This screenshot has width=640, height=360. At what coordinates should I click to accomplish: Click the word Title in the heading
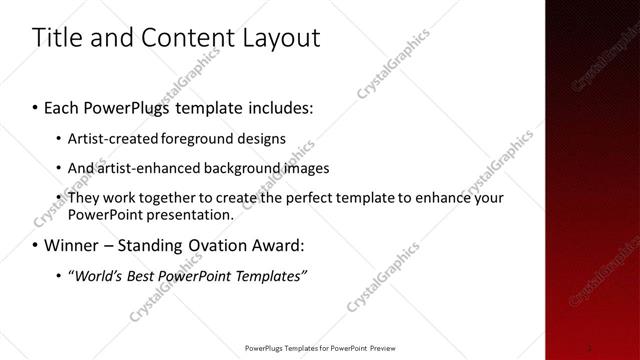tap(56, 38)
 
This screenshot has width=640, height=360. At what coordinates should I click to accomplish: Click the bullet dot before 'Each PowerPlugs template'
tap(37, 106)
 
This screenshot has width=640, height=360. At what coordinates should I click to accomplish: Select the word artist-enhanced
tap(144, 168)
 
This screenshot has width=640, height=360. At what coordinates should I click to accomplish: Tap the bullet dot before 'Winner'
tap(37, 245)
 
